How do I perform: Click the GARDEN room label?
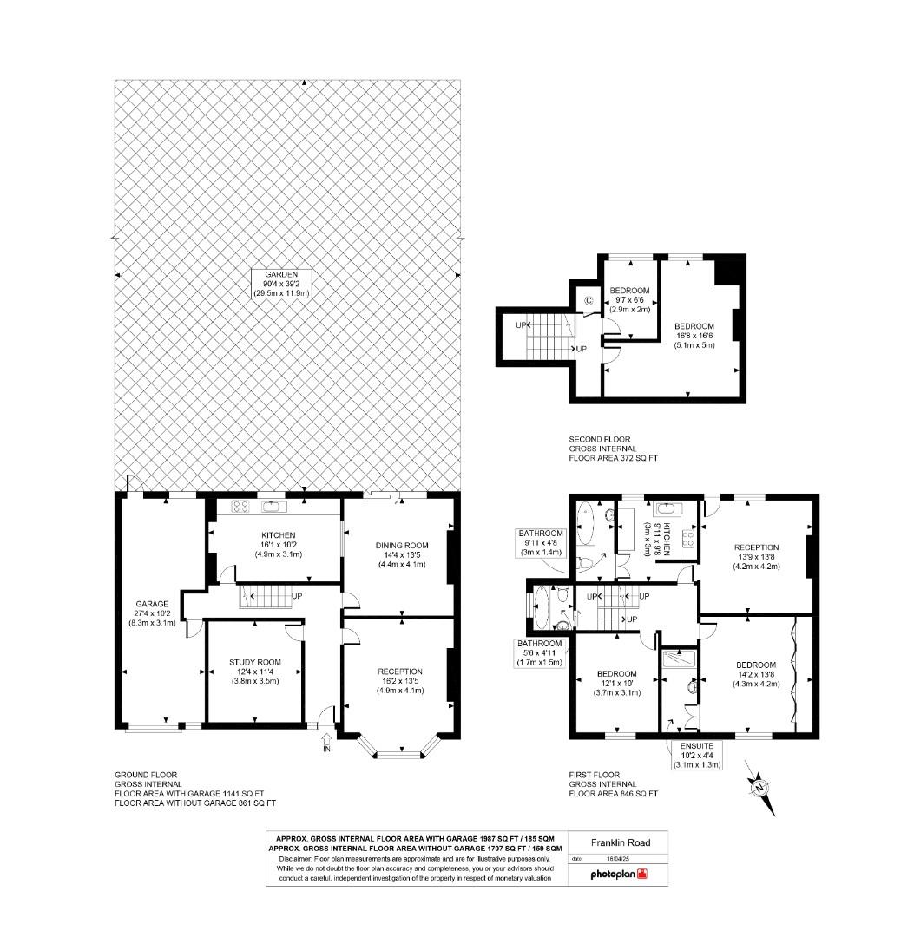[281, 284]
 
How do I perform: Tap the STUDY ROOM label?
[254, 671]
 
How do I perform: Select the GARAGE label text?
[152, 613]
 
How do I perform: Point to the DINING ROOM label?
[402, 554]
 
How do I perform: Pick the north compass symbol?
[760, 788]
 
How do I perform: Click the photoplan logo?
[619, 874]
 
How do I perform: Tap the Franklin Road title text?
[621, 842]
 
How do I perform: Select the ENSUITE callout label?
[697, 755]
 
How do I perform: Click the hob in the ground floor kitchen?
[240, 507]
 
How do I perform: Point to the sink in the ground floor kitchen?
[274, 507]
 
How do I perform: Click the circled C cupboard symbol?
[589, 300]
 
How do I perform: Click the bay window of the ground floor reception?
[399, 744]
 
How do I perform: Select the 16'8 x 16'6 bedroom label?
[694, 336]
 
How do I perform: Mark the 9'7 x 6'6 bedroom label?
[629, 300]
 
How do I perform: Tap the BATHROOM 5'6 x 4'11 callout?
[540, 653]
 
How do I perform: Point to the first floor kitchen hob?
[688, 540]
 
